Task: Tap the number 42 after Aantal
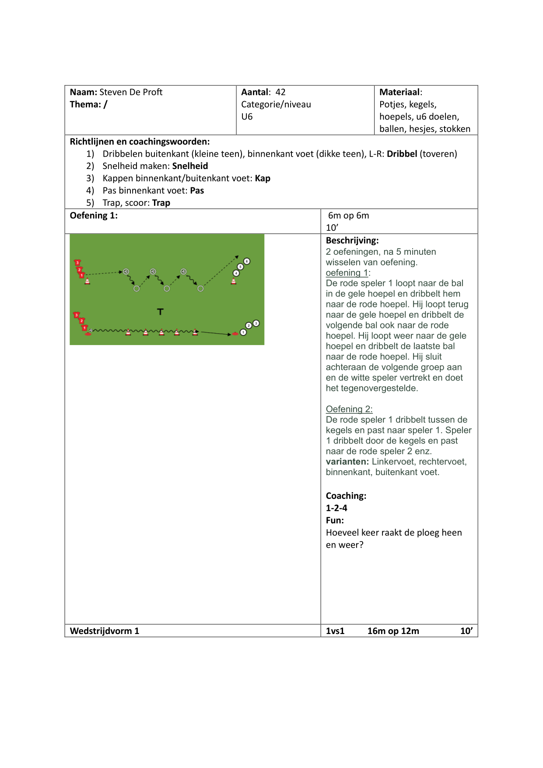tap(280, 92)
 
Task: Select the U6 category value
tap(247, 116)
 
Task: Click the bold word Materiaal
tap(399, 92)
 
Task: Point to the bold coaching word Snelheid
tap(190, 166)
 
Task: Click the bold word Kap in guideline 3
tap(263, 178)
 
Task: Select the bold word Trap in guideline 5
tap(161, 203)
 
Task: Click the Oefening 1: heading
tap(94, 215)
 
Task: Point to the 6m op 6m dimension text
tap(348, 215)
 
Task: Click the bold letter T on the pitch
tap(160, 312)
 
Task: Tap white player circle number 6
tap(247, 261)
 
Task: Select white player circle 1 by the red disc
tap(243, 332)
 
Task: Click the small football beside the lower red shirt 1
tap(91, 330)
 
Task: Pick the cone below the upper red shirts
tap(88, 282)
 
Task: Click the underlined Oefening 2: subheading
tap(349, 409)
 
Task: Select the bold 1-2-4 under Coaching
tap(336, 508)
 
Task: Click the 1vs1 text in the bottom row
tap(335, 631)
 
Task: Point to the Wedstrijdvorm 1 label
tap(104, 631)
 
